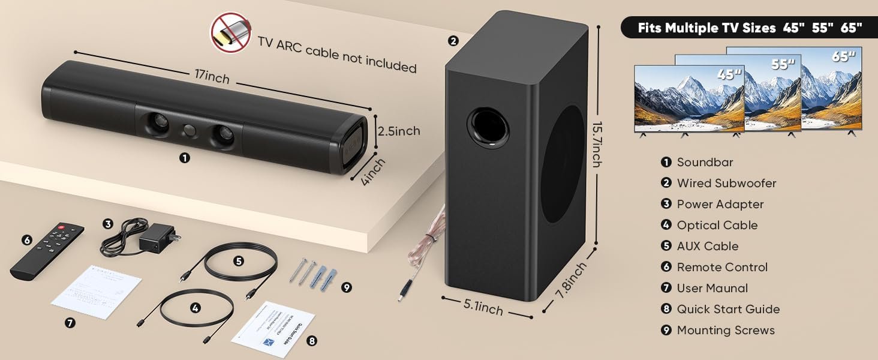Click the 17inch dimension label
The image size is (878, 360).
pyautogui.click(x=211, y=77)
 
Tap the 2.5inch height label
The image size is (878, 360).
pyautogui.click(x=398, y=131)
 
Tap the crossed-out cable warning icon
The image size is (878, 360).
pyautogui.click(x=230, y=33)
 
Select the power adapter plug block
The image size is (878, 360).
pyautogui.click(x=157, y=239)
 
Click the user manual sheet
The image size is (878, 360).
pyautogui.click(x=97, y=291)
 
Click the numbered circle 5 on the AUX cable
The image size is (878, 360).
pyautogui.click(x=239, y=261)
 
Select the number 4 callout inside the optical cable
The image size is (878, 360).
pyautogui.click(x=195, y=308)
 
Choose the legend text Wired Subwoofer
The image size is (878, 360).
pyautogui.click(x=726, y=184)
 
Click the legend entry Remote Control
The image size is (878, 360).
pyautogui.click(x=722, y=268)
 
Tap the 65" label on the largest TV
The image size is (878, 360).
pyautogui.click(x=844, y=57)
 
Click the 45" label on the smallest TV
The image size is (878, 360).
pyautogui.click(x=729, y=76)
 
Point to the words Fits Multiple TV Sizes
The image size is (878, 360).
pyautogui.click(x=706, y=28)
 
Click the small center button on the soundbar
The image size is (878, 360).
pyautogui.click(x=190, y=130)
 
